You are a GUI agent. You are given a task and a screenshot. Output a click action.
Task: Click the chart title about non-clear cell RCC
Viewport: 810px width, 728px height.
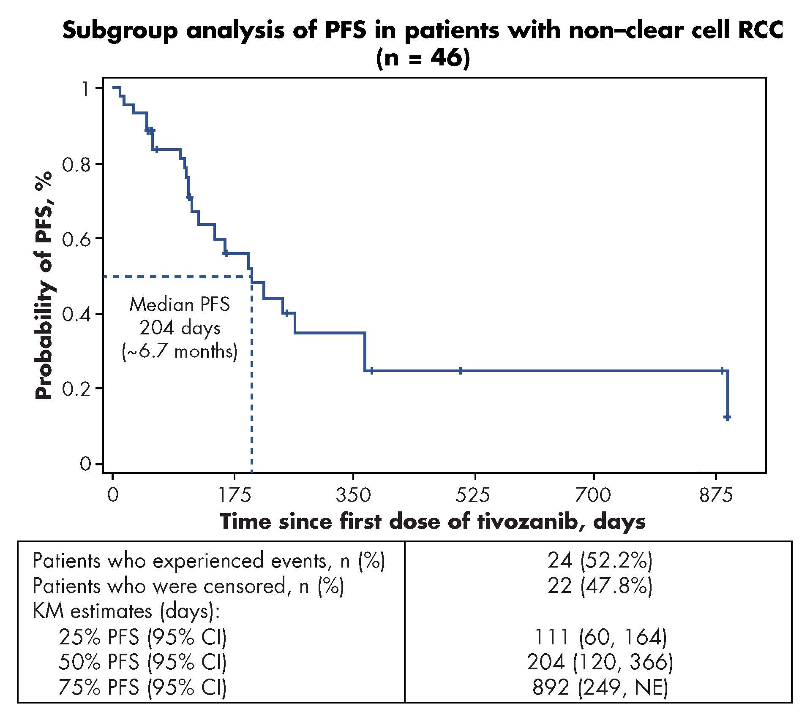point(423,44)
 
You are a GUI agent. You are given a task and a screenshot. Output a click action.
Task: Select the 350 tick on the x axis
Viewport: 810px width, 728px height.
point(353,476)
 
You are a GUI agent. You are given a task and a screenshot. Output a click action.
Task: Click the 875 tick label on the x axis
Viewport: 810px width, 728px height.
point(716,495)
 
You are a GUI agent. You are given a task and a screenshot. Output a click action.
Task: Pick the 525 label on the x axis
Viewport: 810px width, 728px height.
point(473,495)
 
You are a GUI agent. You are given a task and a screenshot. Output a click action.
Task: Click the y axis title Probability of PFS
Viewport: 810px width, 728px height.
point(44,285)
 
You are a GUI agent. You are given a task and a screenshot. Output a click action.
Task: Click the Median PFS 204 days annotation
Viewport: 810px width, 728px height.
point(180,328)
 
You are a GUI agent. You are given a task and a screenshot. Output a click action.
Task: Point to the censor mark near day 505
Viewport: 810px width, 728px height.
point(460,371)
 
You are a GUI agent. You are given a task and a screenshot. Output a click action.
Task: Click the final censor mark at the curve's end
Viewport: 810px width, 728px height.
point(727,417)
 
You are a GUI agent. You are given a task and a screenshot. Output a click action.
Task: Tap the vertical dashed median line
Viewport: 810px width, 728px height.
point(252,380)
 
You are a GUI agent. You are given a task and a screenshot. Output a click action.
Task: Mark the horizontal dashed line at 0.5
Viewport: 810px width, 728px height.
point(177,277)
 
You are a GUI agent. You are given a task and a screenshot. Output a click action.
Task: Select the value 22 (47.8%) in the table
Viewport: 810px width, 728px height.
point(600,586)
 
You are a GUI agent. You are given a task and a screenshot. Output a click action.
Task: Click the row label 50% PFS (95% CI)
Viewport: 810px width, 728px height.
point(142,663)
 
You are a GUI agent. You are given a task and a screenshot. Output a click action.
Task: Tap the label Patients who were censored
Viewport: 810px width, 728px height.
point(188,586)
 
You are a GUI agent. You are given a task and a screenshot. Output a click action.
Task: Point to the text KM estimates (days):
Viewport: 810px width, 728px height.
point(126,611)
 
